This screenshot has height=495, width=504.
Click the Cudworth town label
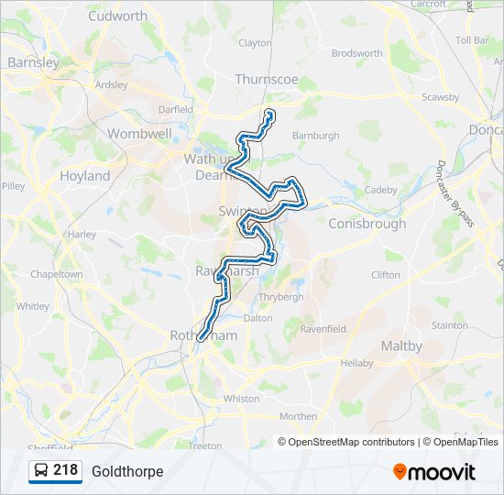point(118,16)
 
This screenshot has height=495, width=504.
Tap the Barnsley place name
point(33,62)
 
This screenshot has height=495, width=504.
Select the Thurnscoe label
point(267,80)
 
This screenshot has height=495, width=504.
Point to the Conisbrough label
point(367,224)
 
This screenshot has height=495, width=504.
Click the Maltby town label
point(401,346)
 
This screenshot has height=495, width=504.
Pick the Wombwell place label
point(139,134)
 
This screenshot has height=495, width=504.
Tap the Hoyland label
point(84,176)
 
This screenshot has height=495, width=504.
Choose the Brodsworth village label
point(357,53)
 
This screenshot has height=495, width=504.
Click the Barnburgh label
point(315,136)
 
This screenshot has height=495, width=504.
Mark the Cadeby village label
point(381,190)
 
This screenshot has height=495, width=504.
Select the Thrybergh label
point(275,297)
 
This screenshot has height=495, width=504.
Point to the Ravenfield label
point(323,328)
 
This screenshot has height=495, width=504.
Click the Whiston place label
point(242,399)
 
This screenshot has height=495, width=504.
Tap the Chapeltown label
point(57,274)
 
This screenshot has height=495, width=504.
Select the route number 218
point(65,470)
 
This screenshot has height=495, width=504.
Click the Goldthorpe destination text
point(127,471)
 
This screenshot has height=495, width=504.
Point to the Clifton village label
point(386,274)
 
